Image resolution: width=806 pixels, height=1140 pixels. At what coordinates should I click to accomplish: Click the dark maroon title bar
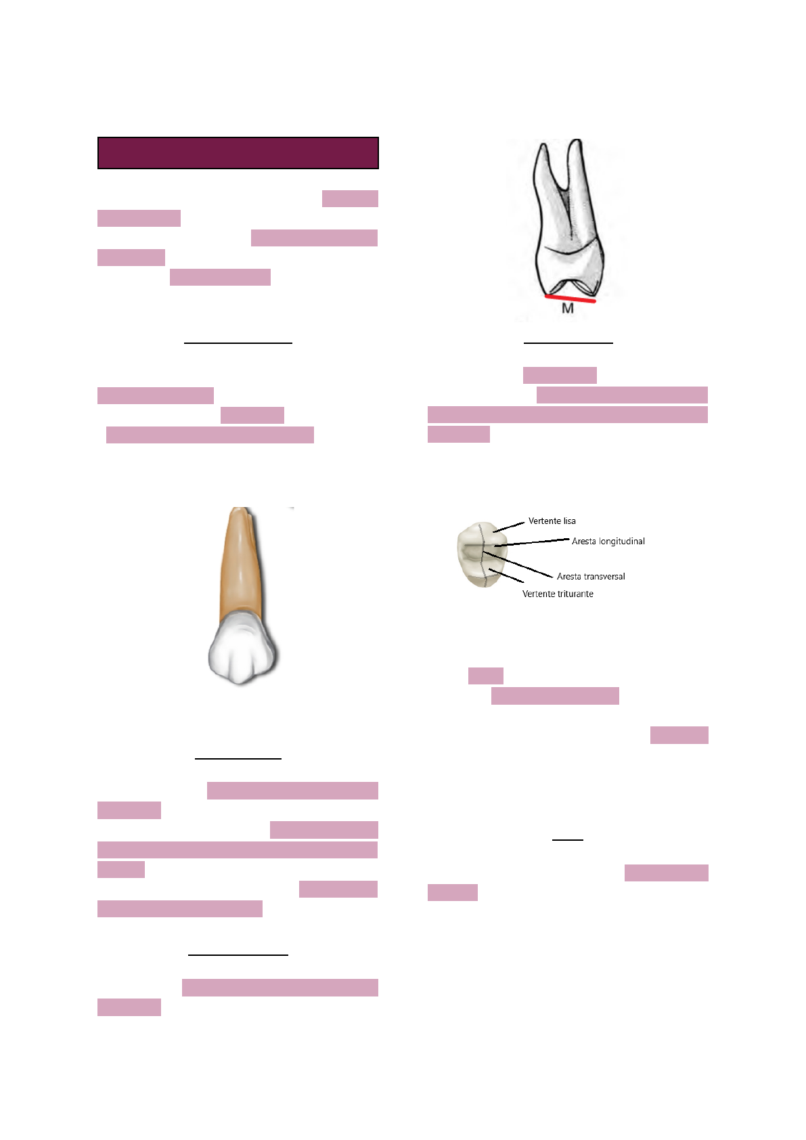point(238,153)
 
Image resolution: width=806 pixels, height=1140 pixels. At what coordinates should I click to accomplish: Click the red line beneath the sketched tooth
point(570,299)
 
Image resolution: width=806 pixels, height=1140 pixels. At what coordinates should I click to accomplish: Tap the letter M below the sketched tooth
point(567,309)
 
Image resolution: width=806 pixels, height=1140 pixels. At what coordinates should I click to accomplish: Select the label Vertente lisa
point(552,521)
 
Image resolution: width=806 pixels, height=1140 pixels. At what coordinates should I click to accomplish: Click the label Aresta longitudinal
point(608,541)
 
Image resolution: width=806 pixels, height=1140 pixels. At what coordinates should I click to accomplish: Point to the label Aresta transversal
point(591,576)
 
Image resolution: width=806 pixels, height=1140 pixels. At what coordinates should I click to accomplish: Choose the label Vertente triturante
point(558,594)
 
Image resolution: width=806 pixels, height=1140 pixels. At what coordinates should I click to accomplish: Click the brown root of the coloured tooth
point(242,565)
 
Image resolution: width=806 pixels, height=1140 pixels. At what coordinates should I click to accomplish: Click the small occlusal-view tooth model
point(481,554)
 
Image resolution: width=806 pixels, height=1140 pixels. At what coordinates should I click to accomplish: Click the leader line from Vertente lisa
point(509,527)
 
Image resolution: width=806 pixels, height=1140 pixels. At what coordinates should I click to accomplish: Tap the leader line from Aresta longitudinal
point(532,542)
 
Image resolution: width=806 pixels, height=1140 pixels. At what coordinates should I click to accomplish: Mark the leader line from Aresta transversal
point(518,565)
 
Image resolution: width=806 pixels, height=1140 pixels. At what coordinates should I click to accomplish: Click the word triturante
point(575,594)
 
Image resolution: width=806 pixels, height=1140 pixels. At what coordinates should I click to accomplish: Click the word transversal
point(604,576)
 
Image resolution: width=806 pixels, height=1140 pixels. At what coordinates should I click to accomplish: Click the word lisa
point(569,521)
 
